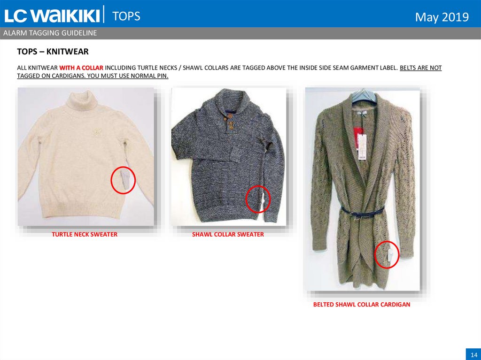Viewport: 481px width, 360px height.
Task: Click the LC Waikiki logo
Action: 52,15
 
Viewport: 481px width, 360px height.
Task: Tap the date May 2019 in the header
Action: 442,17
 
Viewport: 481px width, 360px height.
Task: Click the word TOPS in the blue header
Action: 126,16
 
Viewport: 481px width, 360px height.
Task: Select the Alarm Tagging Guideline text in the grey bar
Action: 50,33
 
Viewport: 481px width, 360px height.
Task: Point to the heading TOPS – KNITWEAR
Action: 53,52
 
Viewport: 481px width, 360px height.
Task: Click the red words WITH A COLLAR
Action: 81,68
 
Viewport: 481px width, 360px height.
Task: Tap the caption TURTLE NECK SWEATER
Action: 85,234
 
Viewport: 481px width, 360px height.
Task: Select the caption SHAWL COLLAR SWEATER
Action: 228,234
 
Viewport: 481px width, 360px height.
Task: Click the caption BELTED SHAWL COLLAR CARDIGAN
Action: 362,305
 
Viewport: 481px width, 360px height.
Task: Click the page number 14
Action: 473,354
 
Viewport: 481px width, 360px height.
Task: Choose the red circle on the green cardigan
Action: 375,254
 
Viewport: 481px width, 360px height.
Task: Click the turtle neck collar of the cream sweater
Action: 82,100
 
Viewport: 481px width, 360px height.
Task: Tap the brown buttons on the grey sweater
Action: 229,121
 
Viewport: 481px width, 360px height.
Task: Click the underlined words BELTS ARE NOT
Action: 420,68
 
